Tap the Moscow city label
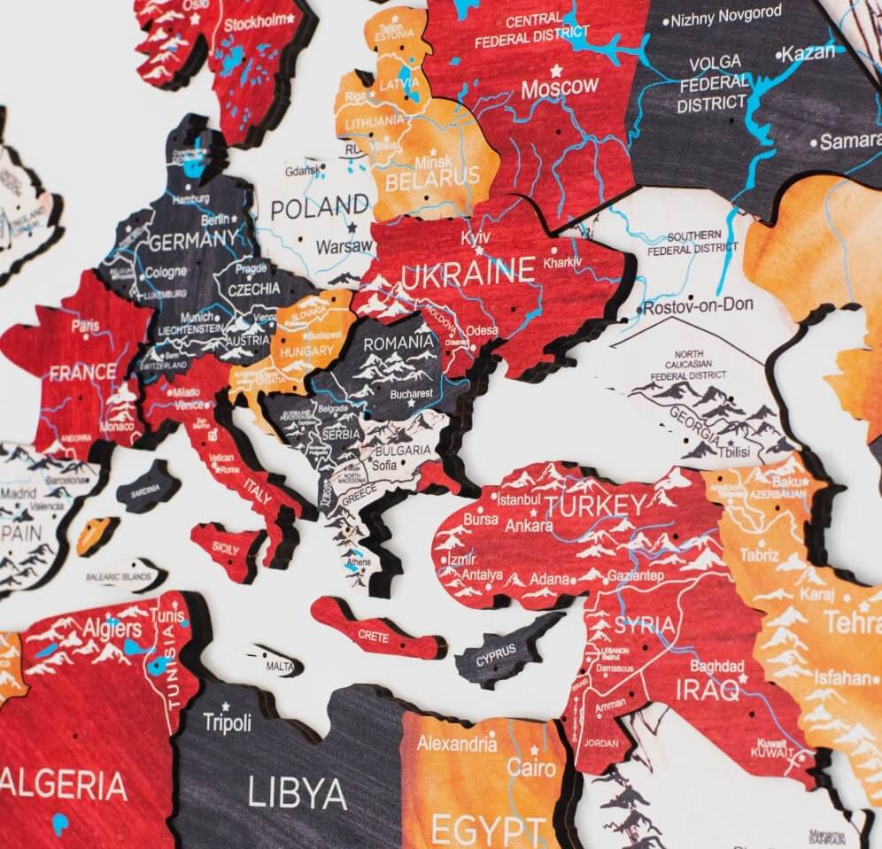[559, 88]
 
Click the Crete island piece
[375, 632]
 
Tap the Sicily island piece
[226, 548]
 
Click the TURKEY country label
[596, 506]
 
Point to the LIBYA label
[297, 792]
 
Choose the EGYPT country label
[488, 831]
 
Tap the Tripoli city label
[227, 722]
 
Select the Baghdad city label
[717, 666]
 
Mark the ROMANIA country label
[398, 343]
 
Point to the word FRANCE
[82, 373]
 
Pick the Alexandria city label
[456, 743]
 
